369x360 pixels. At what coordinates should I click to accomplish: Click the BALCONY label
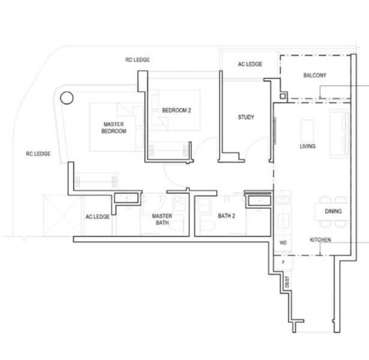click(314, 76)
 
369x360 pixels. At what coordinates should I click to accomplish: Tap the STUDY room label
click(245, 117)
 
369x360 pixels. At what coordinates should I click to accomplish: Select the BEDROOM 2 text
click(176, 110)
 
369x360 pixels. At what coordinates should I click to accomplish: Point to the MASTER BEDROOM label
click(113, 128)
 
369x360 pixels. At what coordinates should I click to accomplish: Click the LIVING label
click(308, 146)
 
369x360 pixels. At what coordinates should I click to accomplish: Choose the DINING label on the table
click(333, 211)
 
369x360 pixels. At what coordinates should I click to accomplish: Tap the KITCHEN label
click(320, 240)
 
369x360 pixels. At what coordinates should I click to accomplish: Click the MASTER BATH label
click(162, 219)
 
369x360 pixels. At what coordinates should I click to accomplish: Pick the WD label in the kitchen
click(284, 242)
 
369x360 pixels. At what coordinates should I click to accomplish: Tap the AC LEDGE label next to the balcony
click(250, 64)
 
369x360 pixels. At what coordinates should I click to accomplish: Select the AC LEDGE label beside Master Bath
click(97, 217)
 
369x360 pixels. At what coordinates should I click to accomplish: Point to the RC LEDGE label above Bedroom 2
click(137, 59)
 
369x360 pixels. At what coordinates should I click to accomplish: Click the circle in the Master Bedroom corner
click(67, 97)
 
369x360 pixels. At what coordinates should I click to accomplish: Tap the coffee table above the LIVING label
click(308, 129)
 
